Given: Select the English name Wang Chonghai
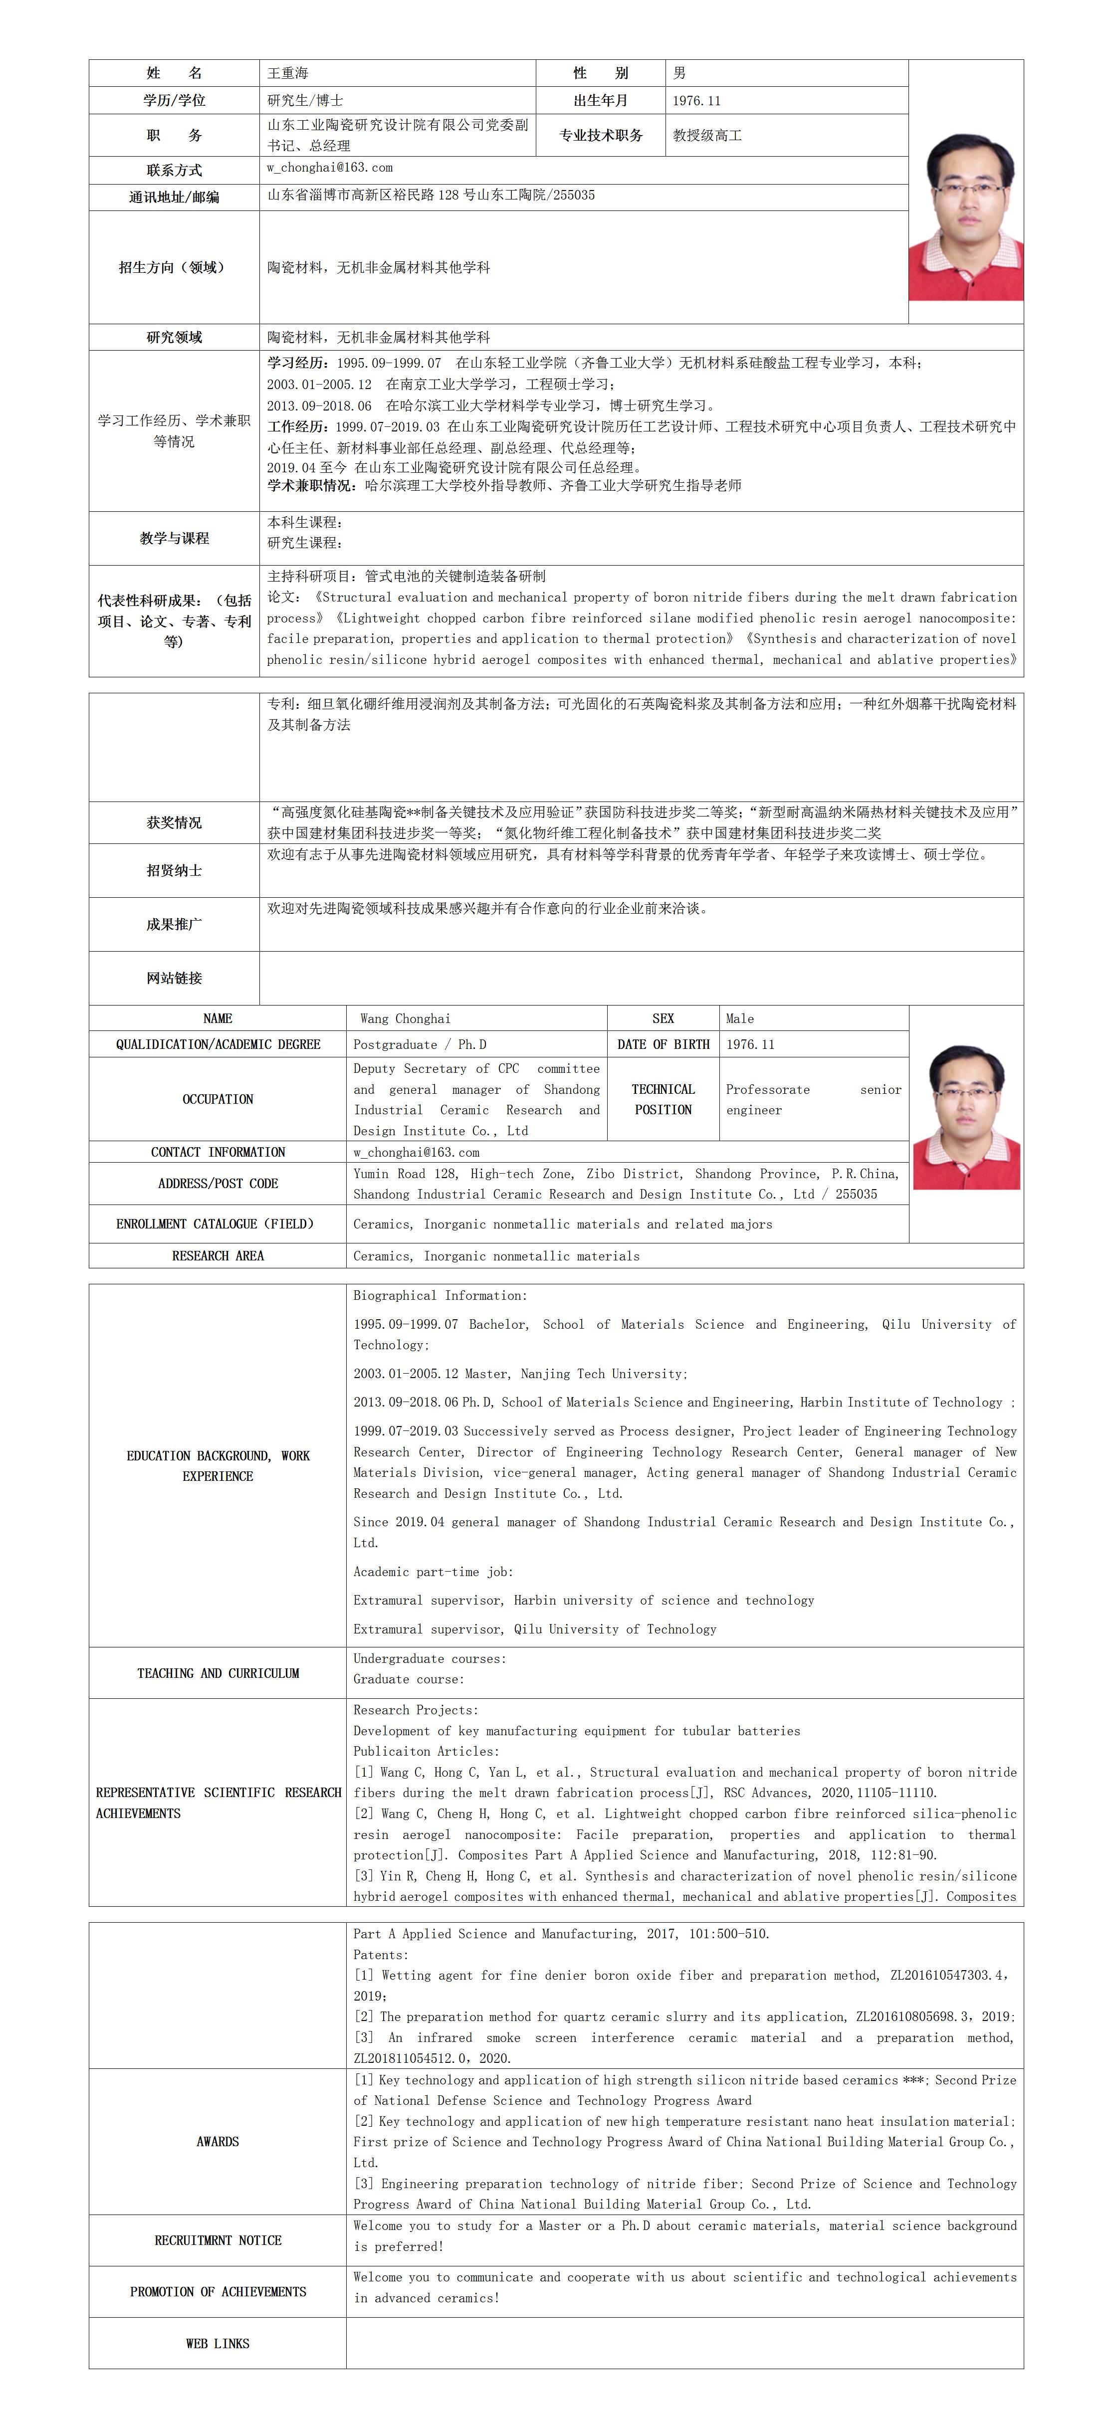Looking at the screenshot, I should point(406,1019).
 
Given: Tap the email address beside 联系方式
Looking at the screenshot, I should point(329,168).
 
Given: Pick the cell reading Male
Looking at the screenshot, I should point(740,1019).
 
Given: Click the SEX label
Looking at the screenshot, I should point(663,1019).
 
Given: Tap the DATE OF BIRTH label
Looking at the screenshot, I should point(663,1044).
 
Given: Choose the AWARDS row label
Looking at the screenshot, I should point(218,2142).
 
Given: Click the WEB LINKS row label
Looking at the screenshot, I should point(218,2343).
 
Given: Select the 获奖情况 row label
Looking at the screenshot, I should point(175,823).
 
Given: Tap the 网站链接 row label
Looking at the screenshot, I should point(175,979).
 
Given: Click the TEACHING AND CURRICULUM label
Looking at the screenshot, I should point(218,1673).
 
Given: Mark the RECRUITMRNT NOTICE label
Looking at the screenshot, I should point(218,2240).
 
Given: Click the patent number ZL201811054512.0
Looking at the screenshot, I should point(431,2058).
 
